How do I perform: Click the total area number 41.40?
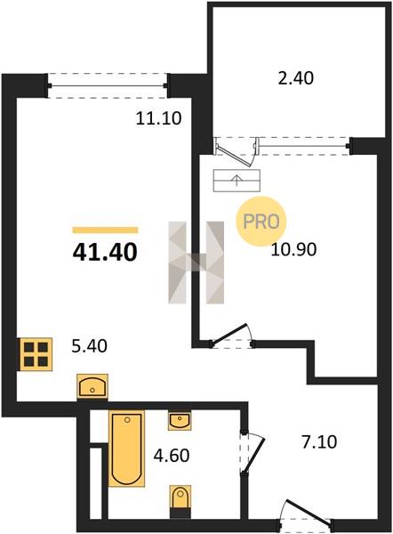[x=105, y=253]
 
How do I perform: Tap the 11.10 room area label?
[x=158, y=118]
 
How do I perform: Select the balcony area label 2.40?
[x=296, y=78]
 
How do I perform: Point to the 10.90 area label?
[x=294, y=249]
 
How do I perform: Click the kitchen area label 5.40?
[x=90, y=346]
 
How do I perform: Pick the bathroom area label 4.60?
[x=172, y=456]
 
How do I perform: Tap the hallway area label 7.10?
[x=319, y=442]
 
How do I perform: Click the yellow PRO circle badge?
[x=261, y=222]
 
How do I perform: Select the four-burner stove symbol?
[x=35, y=354]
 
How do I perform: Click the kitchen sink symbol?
[x=92, y=386]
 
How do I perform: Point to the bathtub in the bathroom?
[x=126, y=449]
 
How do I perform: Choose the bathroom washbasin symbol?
[x=180, y=420]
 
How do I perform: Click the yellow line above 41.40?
[x=105, y=231]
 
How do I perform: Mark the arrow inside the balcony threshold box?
[x=237, y=180]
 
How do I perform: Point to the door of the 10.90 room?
[x=229, y=336]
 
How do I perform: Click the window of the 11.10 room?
[x=108, y=85]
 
